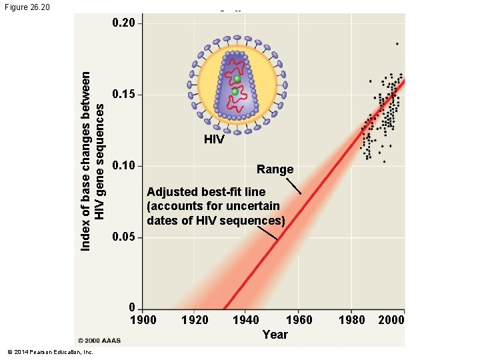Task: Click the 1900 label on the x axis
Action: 143,320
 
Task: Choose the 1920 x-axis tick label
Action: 195,320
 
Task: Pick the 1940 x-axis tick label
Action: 247,320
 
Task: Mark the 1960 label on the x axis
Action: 299,320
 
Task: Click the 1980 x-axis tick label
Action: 352,320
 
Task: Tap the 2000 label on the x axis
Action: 391,320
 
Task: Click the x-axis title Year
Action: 275,335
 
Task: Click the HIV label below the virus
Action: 214,140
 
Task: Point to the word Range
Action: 275,169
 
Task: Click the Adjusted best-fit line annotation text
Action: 215,206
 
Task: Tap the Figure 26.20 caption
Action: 26,8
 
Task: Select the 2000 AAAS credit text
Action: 99,340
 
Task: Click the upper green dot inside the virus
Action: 237,79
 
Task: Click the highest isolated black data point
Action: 397,44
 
